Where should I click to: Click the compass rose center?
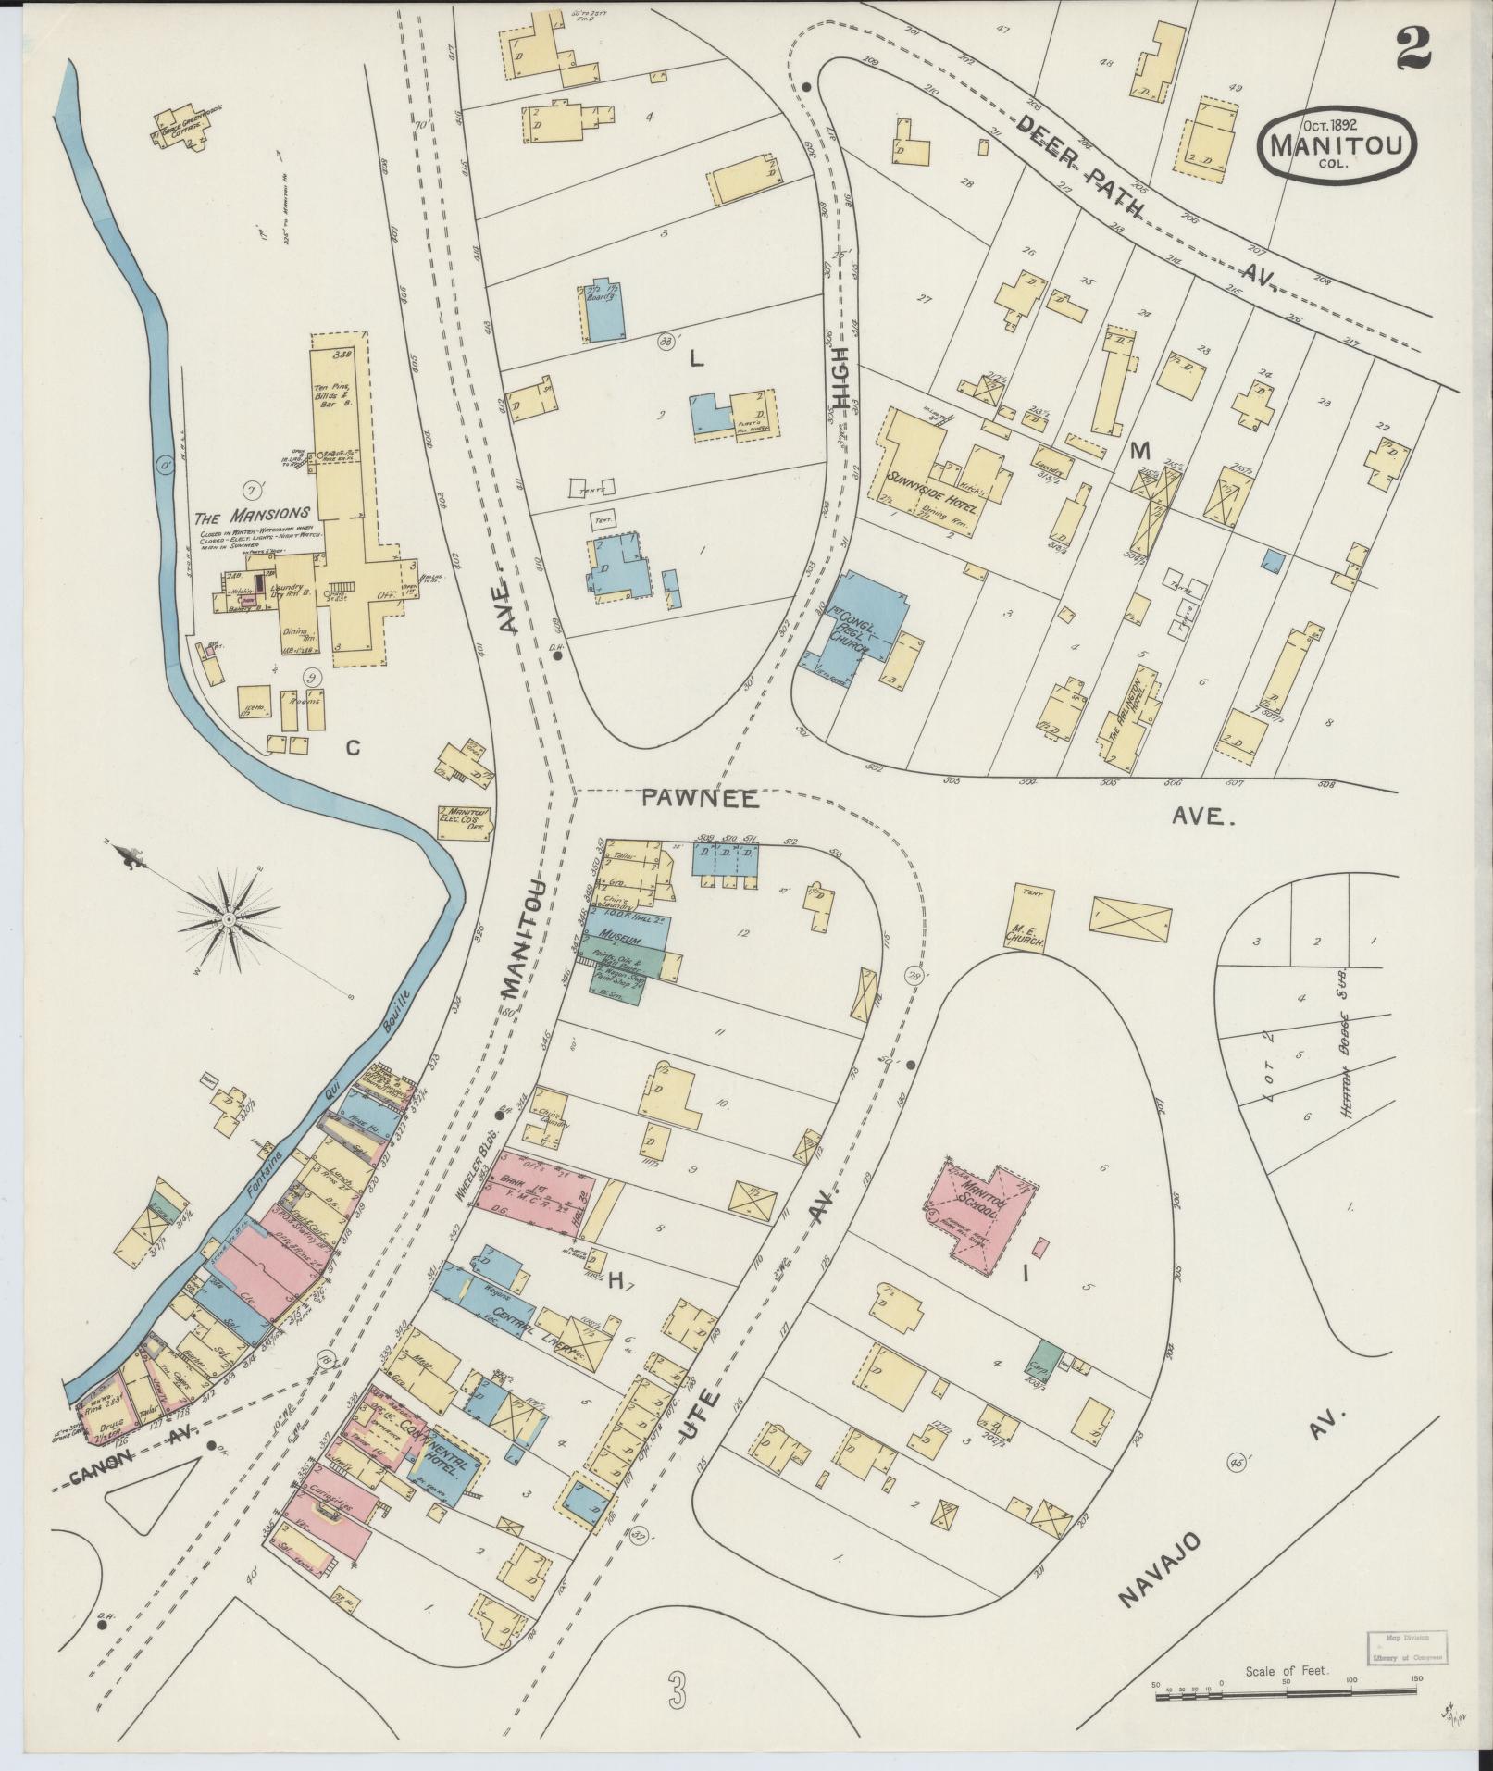[228, 917]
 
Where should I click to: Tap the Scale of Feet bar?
[1287, 1690]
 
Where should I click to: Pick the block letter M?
[1139, 451]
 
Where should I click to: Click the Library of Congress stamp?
[1405, 1647]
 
